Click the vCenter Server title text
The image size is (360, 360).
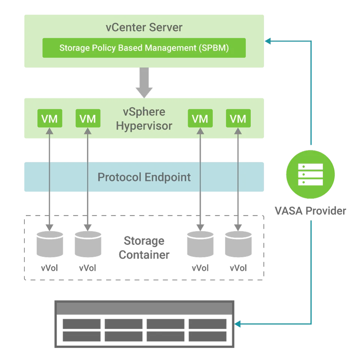(x=144, y=28)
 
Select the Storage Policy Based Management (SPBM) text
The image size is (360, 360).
(x=144, y=48)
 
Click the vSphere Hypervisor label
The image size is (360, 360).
(x=144, y=119)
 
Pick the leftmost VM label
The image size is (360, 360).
(x=49, y=119)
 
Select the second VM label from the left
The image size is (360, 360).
(x=88, y=119)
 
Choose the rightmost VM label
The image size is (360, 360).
(x=238, y=119)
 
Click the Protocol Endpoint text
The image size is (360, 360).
(x=144, y=177)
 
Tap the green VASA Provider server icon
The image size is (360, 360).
(x=310, y=174)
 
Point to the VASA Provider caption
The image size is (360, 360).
(x=310, y=211)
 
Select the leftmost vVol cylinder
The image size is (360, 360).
(x=49, y=244)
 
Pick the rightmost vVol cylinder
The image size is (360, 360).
(x=238, y=244)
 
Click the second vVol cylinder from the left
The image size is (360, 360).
(x=88, y=244)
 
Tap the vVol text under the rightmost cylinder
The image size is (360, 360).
(x=238, y=268)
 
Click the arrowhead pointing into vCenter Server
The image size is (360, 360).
(x=267, y=40)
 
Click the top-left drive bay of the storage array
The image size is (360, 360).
(x=80, y=324)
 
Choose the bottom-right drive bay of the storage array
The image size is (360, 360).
(x=207, y=336)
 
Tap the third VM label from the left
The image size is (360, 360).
(x=200, y=119)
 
